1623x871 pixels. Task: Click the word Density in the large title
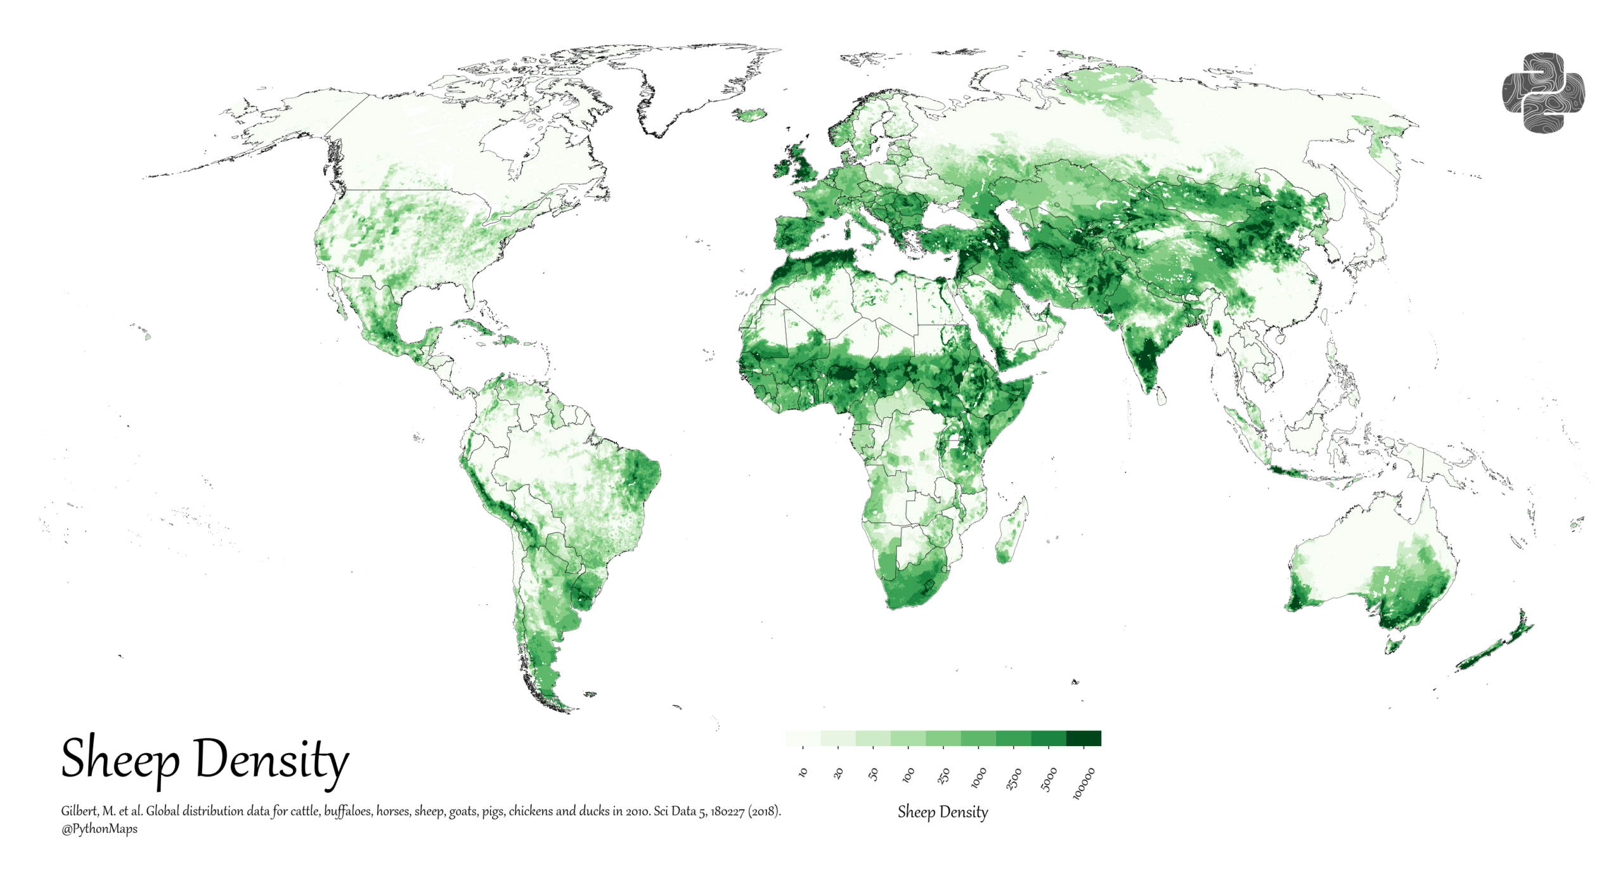pos(271,759)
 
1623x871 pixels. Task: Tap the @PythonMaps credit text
pos(99,829)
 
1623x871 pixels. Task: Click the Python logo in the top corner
pos(1542,93)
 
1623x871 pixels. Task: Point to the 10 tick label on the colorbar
pos(803,772)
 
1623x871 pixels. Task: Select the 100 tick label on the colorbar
pos(908,774)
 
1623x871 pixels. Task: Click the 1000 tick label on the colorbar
pos(978,777)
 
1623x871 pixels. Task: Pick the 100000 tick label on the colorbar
pos(1083,783)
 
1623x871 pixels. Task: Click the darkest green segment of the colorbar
pos(1083,738)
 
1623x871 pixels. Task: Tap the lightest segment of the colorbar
pos(803,738)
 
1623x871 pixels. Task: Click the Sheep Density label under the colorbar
pos(943,811)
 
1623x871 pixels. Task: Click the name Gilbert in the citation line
pos(79,811)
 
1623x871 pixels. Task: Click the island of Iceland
pos(750,115)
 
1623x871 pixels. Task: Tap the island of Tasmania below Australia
pos(1392,646)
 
